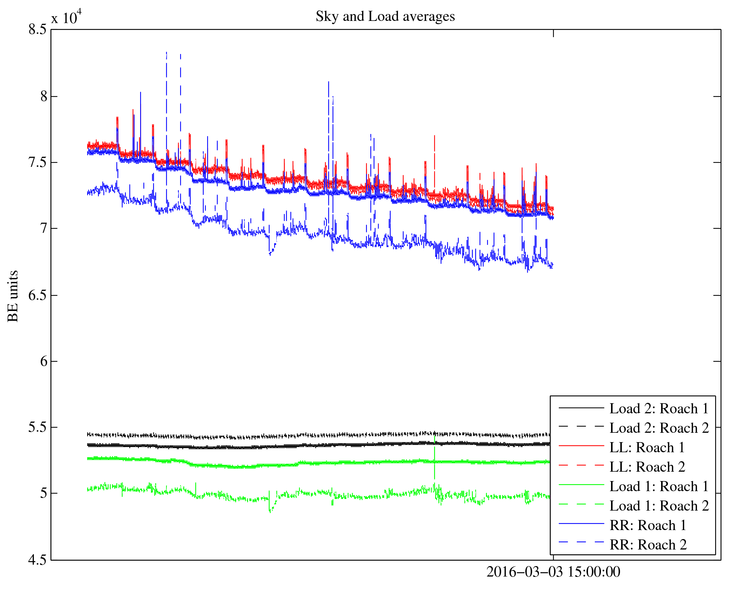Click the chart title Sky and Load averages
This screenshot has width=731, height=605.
pyautogui.click(x=385, y=17)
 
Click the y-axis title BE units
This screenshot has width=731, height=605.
pyautogui.click(x=13, y=296)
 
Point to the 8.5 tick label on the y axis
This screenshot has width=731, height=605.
pyautogui.click(x=37, y=30)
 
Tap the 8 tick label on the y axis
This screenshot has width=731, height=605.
pyautogui.click(x=43, y=97)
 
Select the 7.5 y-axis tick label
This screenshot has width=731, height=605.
pyautogui.click(x=37, y=163)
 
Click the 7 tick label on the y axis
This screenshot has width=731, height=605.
pyautogui.click(x=43, y=228)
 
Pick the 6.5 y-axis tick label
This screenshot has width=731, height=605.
pyautogui.click(x=37, y=295)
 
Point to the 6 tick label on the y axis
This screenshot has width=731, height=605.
pyautogui.click(x=43, y=361)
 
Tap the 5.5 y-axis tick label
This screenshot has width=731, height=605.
pyautogui.click(x=37, y=427)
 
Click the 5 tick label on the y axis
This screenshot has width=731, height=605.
pyautogui.click(x=43, y=493)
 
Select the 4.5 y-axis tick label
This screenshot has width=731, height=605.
pyautogui.click(x=37, y=560)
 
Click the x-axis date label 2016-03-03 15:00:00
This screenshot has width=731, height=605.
pyautogui.click(x=553, y=572)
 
